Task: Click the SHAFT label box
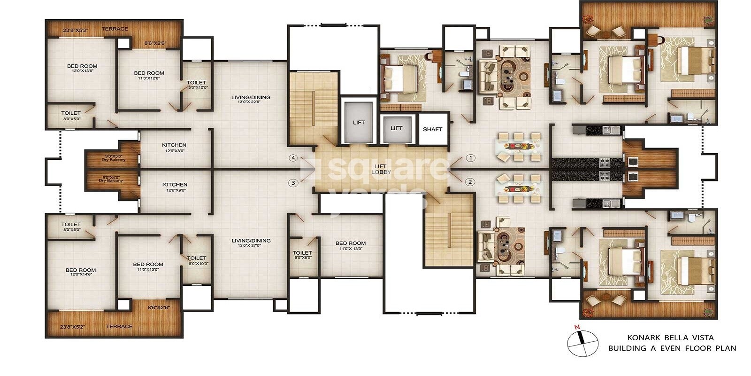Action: tap(432, 129)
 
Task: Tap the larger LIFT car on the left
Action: tap(359, 122)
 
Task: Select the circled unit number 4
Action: tap(293, 158)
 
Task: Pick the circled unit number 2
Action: tap(470, 182)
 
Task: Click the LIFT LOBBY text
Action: tap(381, 169)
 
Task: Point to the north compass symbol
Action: tap(582, 343)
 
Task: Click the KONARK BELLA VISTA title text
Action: tap(670, 337)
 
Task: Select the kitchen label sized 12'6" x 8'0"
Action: tap(174, 148)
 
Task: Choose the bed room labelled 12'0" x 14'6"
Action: tap(81, 272)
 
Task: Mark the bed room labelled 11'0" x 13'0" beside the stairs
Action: tap(350, 246)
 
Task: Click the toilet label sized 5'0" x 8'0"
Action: tap(302, 255)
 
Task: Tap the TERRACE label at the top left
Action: tap(115, 29)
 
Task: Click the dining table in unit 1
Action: tap(518, 146)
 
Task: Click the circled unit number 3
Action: tap(293, 183)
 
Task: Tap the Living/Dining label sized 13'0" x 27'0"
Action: tap(251, 243)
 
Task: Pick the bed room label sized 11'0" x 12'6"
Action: tap(149, 75)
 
